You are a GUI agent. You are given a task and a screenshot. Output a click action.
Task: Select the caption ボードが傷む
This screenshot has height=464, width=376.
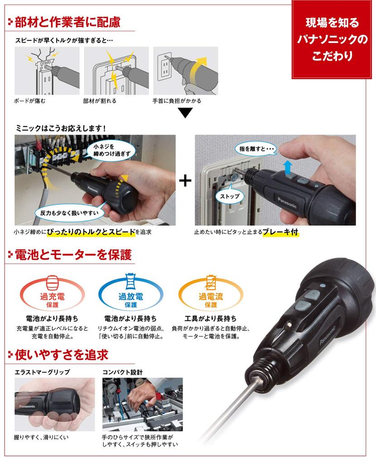coord(30,101)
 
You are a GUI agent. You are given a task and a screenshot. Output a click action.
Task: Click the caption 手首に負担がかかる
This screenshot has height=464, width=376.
coord(177,101)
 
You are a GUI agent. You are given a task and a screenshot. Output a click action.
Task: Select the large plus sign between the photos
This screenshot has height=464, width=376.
coord(185,180)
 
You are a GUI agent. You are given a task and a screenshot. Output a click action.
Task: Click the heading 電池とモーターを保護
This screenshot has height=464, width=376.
coord(72,255)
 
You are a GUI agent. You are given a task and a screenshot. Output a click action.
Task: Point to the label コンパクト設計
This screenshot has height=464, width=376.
coord(122,372)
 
